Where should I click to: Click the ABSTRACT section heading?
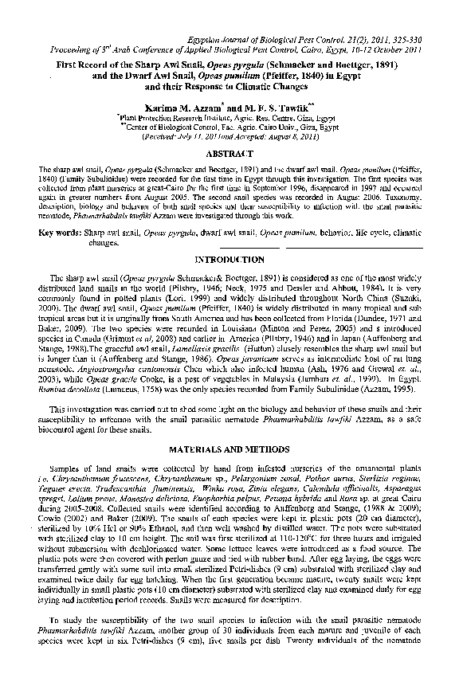pos(229,152)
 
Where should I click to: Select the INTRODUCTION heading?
pos(229,260)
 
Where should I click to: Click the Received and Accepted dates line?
pos(229,135)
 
